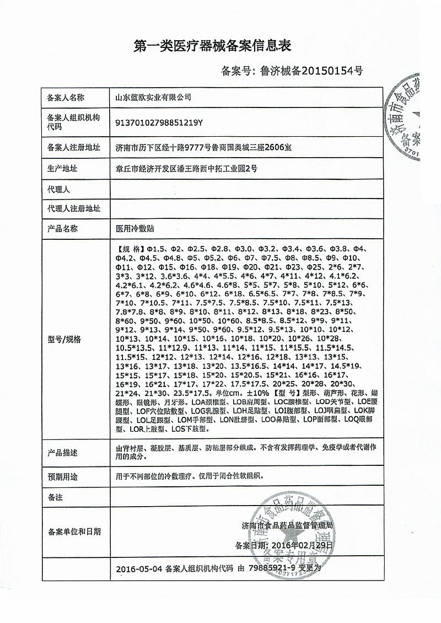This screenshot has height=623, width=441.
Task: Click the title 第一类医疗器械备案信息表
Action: coord(212,46)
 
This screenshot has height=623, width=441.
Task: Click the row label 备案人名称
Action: coord(66,98)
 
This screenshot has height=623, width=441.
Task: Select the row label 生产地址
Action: coord(62,169)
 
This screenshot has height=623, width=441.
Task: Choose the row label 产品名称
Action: coord(62,228)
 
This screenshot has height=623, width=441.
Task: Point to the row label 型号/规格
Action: coord(64,339)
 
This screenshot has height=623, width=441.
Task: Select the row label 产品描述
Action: coord(62,453)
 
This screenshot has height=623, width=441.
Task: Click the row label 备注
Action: coord(55,497)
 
